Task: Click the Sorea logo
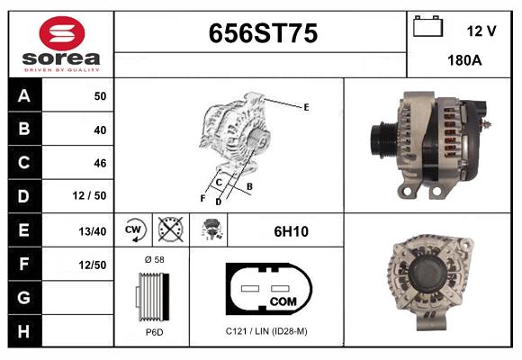click(x=61, y=45)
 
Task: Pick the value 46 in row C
click(x=100, y=163)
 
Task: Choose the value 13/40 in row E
click(x=94, y=231)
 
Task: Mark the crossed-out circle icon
click(x=170, y=230)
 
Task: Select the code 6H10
click(x=291, y=231)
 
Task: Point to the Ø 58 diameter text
click(x=153, y=259)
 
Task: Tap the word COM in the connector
click(x=283, y=300)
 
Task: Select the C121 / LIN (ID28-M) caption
click(x=266, y=332)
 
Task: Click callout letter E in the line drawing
click(x=306, y=107)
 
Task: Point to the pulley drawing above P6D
click(x=152, y=294)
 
